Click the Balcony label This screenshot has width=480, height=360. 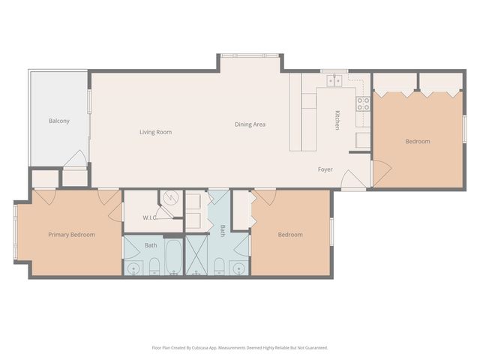[x=59, y=121]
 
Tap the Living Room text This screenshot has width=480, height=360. [x=155, y=132]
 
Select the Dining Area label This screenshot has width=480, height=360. [x=250, y=124]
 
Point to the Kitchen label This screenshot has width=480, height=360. [x=337, y=120]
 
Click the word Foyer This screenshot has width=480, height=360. [x=325, y=169]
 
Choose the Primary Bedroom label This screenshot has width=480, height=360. [x=71, y=235]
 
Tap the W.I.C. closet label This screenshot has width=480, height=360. [x=149, y=218]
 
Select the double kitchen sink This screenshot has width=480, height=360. [x=331, y=80]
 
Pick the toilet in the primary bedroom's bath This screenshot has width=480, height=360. [x=153, y=265]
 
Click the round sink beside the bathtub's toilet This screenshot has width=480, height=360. [x=134, y=268]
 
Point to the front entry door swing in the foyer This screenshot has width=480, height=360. [x=349, y=181]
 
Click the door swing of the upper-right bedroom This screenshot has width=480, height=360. [x=380, y=172]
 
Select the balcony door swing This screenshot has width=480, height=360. [x=76, y=159]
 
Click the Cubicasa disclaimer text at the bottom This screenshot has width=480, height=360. [x=239, y=347]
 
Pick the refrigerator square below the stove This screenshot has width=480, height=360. [x=363, y=139]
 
